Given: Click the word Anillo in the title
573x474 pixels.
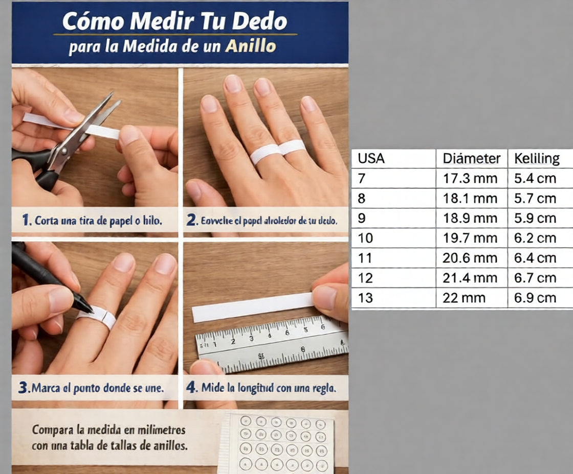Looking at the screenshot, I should pos(251,46).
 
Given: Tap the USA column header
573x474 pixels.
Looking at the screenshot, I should pos(371,159).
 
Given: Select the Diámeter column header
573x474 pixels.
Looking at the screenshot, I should pos(471,159).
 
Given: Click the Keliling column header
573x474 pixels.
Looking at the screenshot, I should pos(537,159).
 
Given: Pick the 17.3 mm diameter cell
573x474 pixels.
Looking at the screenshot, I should pos(470,179).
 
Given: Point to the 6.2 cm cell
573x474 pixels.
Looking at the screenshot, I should pos(535,238).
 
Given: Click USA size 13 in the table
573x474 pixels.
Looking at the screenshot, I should pos(366,298).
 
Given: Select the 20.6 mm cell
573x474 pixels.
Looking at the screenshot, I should pos(470,258).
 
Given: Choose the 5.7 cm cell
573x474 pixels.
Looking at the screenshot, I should pos(535,198).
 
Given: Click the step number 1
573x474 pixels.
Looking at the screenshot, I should pos(25,221).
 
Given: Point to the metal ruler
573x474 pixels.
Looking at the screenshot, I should pos(271,345).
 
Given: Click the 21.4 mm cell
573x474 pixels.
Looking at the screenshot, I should pos(470,278).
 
